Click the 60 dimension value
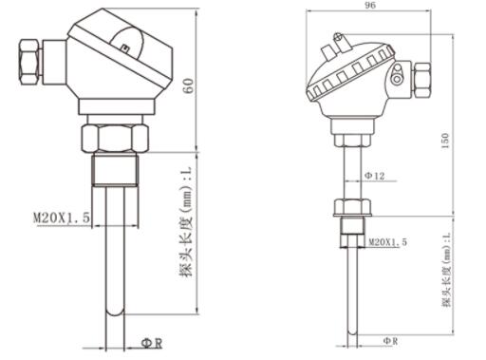[x=189, y=85]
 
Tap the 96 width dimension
[x=370, y=6]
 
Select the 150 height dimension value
[x=445, y=142]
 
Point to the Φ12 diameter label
[x=375, y=176]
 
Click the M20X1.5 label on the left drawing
[x=62, y=218]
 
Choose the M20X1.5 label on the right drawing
[x=388, y=242]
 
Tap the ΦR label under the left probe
[x=152, y=343]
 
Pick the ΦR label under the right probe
[x=390, y=341]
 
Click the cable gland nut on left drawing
[x=30, y=62]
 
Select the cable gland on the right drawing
[x=422, y=80]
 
